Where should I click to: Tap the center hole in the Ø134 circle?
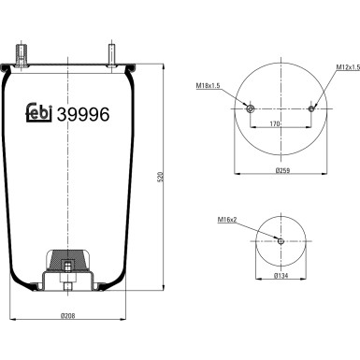281,242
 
